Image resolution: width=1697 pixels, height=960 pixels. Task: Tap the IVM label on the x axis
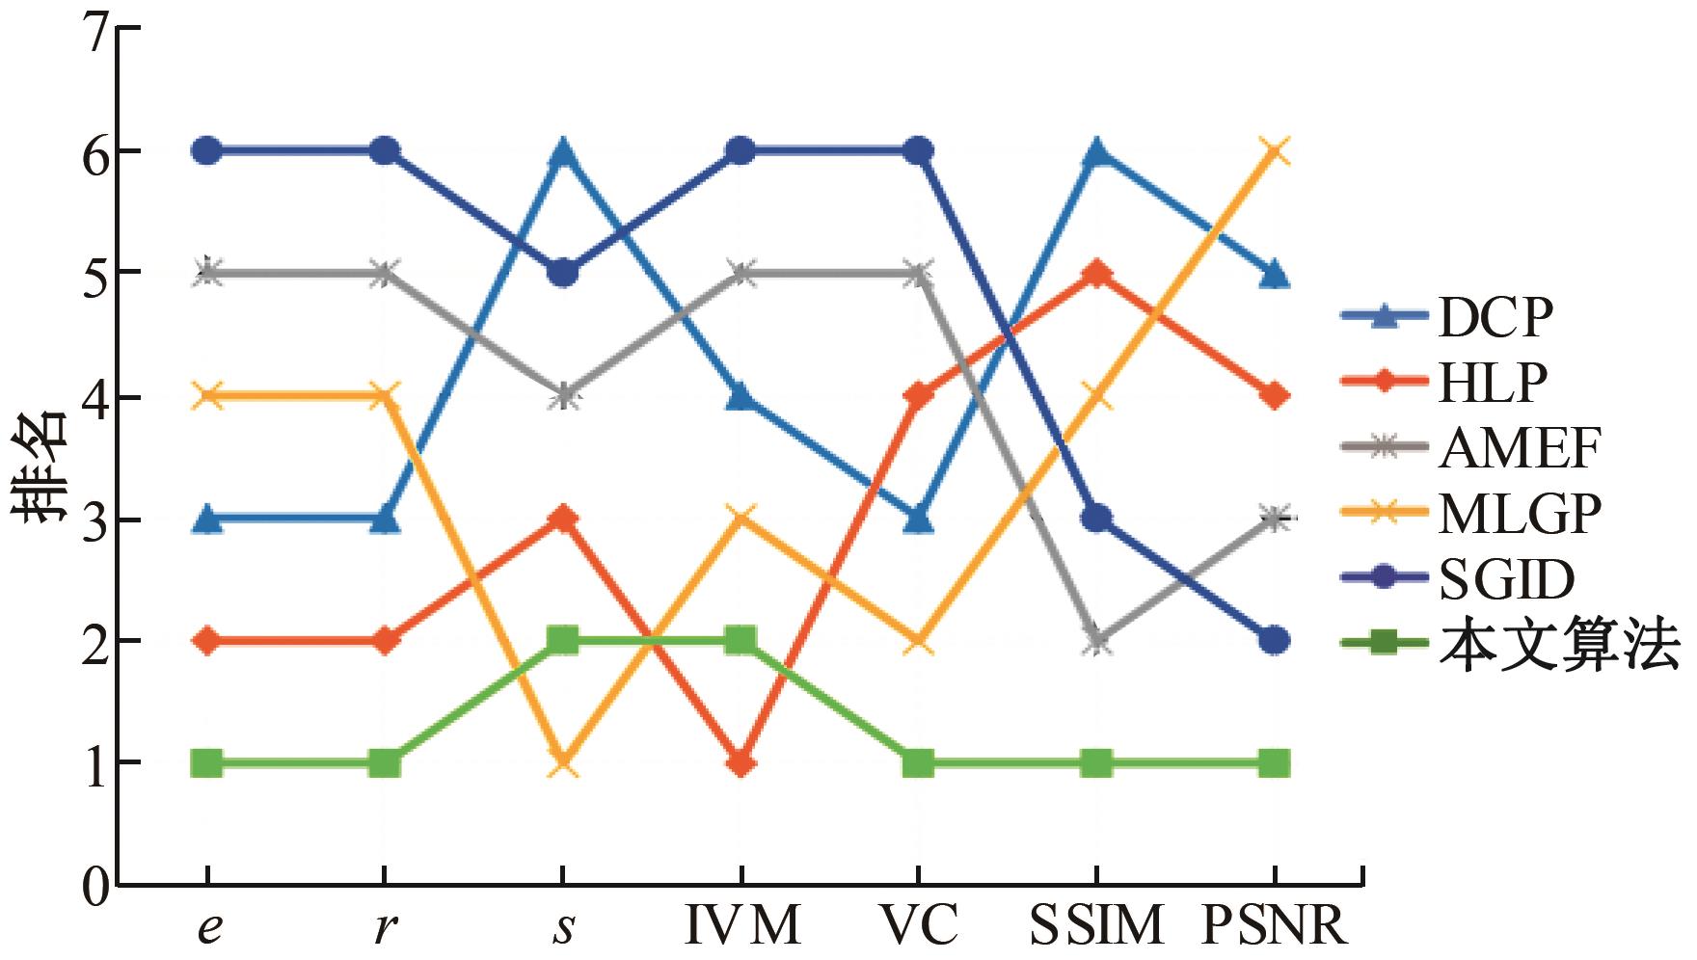pyautogui.click(x=742, y=925)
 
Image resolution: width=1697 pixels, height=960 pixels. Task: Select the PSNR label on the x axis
pyautogui.click(x=1273, y=925)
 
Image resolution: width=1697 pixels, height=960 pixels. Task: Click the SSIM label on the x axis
pyautogui.click(x=1096, y=925)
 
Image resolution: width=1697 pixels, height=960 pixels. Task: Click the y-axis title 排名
pyautogui.click(x=40, y=466)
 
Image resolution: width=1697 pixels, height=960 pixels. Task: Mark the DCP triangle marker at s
pyautogui.click(x=563, y=150)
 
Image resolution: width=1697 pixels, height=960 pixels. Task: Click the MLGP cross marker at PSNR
pyautogui.click(x=1275, y=150)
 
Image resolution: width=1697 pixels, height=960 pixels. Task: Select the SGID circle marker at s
pyautogui.click(x=563, y=273)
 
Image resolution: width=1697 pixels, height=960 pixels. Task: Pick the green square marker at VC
pyautogui.click(x=918, y=763)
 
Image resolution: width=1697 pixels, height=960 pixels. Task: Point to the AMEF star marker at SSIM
pyautogui.click(x=1097, y=641)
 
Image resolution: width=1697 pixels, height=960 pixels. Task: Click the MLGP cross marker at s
pyautogui.click(x=563, y=763)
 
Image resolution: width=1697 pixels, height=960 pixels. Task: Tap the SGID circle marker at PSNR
pyautogui.click(x=1275, y=640)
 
